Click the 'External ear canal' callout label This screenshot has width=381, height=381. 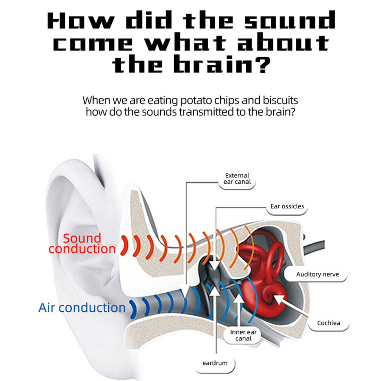click(237, 178)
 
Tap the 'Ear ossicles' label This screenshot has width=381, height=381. click(287, 206)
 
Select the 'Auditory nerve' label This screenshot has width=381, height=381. click(317, 274)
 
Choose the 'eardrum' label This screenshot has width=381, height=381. click(215, 363)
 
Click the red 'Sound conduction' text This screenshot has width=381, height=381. click(82, 244)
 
